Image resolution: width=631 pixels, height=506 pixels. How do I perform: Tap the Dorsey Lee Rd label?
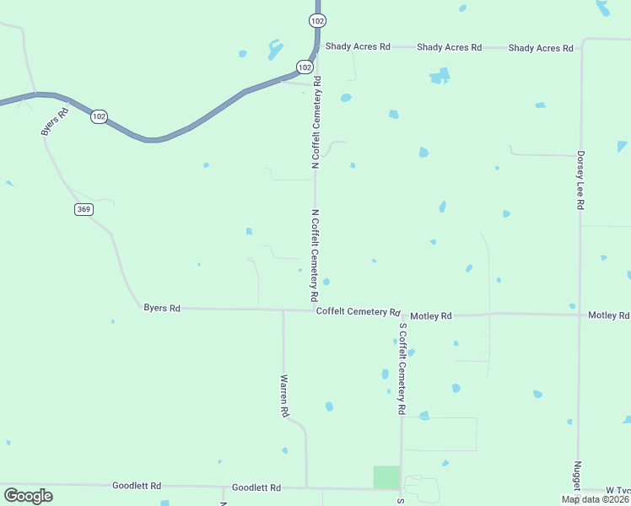[x=580, y=180]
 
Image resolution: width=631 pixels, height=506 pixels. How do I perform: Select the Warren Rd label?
[x=285, y=396]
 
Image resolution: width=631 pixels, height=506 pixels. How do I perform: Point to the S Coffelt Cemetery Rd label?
[x=402, y=369]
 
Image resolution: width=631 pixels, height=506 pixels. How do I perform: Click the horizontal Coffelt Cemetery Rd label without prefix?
[x=358, y=312]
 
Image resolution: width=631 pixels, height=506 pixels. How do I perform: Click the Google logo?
[x=28, y=496]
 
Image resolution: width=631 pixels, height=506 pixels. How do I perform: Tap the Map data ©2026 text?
[x=595, y=499]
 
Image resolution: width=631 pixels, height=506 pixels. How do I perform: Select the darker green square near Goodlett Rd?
[x=386, y=476]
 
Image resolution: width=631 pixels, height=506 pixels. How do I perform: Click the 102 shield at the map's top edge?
[x=317, y=20]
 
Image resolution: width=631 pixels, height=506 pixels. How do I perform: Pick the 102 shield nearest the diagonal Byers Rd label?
[x=99, y=116]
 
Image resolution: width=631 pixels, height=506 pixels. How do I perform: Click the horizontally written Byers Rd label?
[x=162, y=309]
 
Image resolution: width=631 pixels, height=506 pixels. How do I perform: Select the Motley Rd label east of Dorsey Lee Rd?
[x=608, y=315]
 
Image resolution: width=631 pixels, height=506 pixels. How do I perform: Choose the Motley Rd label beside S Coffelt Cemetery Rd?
[x=431, y=315]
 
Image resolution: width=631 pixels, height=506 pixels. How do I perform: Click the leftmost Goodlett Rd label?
[x=136, y=486]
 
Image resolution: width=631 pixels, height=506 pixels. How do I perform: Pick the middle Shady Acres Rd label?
[x=449, y=48]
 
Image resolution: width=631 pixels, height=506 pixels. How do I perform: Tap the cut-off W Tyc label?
[x=618, y=490]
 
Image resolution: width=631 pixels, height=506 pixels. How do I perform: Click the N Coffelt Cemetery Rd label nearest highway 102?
[x=316, y=123]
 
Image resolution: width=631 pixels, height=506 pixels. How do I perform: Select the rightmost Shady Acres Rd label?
[x=541, y=48]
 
